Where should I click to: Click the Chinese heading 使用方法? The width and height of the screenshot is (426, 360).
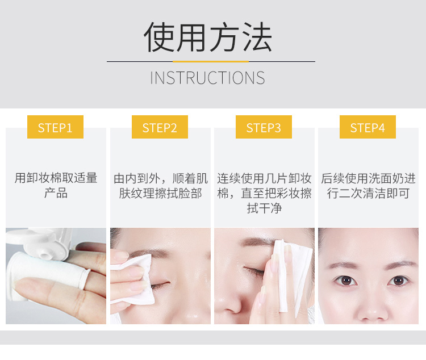(208, 37)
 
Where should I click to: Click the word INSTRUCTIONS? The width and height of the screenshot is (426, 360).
(207, 78)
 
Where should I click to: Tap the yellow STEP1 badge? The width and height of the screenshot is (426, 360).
(55, 127)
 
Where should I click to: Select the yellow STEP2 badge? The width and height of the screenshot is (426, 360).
(160, 127)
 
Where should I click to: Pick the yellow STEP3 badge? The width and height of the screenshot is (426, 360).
(264, 127)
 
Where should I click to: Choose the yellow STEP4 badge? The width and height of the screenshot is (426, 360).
(367, 127)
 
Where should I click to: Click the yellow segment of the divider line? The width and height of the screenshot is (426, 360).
(211, 62)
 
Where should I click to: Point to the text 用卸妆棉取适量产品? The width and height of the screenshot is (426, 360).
(56, 186)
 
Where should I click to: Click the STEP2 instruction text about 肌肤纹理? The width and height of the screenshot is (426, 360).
(160, 186)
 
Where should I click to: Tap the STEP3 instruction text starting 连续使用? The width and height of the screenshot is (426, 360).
(264, 193)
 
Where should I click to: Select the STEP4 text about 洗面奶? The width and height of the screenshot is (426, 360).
(368, 186)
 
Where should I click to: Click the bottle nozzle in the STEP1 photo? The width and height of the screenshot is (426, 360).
(45, 255)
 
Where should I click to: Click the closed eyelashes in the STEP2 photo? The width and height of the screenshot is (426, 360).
(160, 285)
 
